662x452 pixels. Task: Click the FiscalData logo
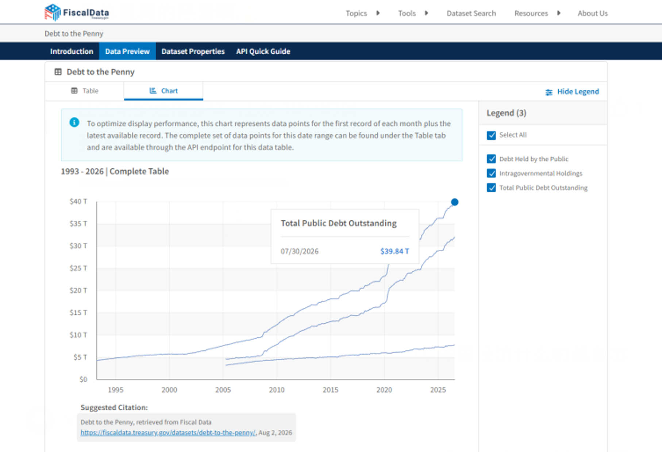77,12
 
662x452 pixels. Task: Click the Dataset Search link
471,14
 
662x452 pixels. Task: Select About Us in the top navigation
593,14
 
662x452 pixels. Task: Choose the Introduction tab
72,51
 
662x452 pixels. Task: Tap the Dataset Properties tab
193,51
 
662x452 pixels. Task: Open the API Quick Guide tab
263,51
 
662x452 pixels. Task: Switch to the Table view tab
85,91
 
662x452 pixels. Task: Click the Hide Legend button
572,92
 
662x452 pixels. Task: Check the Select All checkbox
491,135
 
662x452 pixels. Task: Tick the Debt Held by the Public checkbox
491,159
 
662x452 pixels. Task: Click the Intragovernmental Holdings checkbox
491,173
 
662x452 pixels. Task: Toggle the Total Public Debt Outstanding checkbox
491,188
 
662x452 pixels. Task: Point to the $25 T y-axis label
78,268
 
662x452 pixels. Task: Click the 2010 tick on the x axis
277,390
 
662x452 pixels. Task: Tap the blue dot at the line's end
454,202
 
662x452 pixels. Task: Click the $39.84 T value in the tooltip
394,251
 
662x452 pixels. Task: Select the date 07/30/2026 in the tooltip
300,251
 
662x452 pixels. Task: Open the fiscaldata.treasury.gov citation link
168,433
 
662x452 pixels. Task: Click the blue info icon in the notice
74,122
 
